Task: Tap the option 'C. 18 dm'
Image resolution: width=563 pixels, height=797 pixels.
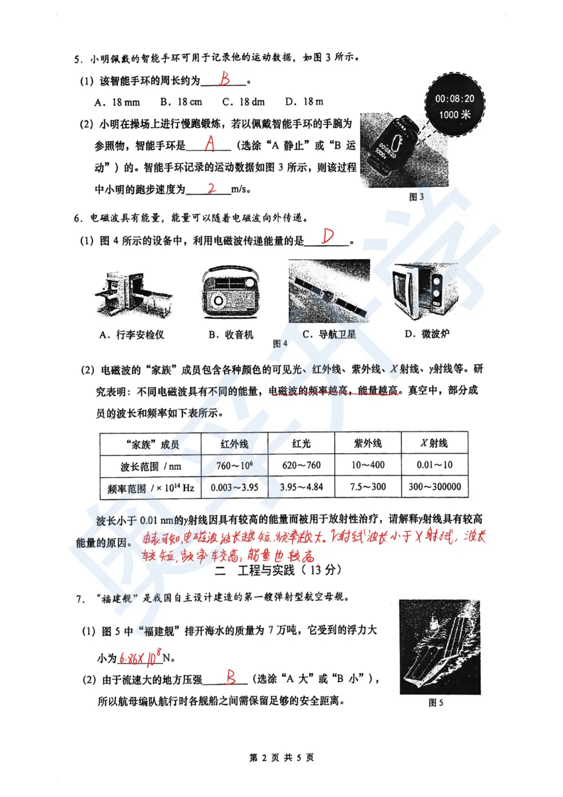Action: pyautogui.click(x=243, y=102)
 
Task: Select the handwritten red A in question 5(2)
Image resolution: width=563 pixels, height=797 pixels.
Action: pyautogui.click(x=210, y=143)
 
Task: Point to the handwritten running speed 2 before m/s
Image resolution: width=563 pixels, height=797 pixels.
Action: pyautogui.click(x=211, y=188)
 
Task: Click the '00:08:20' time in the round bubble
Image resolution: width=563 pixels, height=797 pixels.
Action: pyautogui.click(x=455, y=99)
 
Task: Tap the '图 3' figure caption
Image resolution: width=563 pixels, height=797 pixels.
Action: pyautogui.click(x=416, y=197)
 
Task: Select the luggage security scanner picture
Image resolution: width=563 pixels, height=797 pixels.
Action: pyautogui.click(x=133, y=296)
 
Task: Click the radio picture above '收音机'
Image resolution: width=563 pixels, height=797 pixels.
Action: pyautogui.click(x=230, y=293)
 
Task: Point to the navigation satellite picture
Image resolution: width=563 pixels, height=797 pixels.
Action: pyautogui.click(x=329, y=292)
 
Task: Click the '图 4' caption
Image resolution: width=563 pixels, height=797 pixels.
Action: pyautogui.click(x=280, y=344)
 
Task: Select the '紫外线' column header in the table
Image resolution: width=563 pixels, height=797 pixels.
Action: pyautogui.click(x=368, y=443)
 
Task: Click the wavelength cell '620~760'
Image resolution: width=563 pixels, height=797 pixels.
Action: pyautogui.click(x=301, y=465)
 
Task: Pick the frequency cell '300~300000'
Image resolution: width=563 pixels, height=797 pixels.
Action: pyautogui.click(x=434, y=487)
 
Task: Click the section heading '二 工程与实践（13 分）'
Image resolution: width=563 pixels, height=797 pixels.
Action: pyautogui.click(x=278, y=570)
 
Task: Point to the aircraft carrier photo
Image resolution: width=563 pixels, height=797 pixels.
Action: pyautogui.click(x=439, y=647)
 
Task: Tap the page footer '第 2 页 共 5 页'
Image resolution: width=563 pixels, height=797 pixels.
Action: pyautogui.click(x=281, y=757)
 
